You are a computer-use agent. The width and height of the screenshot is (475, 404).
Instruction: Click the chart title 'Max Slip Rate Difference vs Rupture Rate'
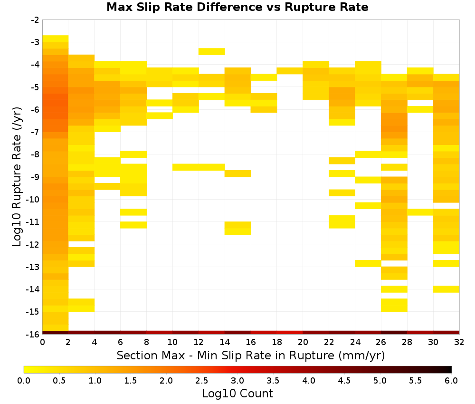click(237, 7)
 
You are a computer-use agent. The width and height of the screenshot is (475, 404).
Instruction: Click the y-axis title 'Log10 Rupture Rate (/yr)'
click(17, 177)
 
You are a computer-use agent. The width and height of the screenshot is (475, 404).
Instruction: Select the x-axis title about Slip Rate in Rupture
click(250, 355)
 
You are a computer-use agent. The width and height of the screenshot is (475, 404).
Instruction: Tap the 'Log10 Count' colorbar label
click(237, 394)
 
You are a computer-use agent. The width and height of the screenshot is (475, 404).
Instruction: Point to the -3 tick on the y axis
click(35, 42)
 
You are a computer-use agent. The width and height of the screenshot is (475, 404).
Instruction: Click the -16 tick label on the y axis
click(33, 334)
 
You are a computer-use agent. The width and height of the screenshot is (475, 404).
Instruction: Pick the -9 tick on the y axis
click(35, 177)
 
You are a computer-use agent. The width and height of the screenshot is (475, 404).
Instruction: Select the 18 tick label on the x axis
click(276, 342)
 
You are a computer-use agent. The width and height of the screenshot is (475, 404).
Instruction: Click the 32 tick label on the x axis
click(459, 342)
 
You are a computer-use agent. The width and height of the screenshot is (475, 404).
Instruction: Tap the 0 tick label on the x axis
click(42, 342)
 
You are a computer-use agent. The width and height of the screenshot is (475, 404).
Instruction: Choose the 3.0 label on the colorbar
click(237, 380)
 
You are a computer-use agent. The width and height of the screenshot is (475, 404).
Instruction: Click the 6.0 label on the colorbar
click(451, 380)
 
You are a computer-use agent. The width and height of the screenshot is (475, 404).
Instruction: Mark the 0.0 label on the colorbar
click(24, 380)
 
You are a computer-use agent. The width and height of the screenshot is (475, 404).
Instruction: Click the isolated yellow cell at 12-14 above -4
click(212, 51)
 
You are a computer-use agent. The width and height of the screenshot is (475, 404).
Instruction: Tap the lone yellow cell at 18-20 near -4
click(290, 71)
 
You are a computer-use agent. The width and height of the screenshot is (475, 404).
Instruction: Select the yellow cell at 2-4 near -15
click(82, 305)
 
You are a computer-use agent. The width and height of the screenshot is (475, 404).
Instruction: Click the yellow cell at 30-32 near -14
click(446, 289)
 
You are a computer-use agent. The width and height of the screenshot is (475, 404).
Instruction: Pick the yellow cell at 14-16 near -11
click(238, 228)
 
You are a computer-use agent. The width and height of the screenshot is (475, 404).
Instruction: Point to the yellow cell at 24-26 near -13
click(368, 263)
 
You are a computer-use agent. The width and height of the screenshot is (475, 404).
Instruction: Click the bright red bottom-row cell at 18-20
click(290, 333)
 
